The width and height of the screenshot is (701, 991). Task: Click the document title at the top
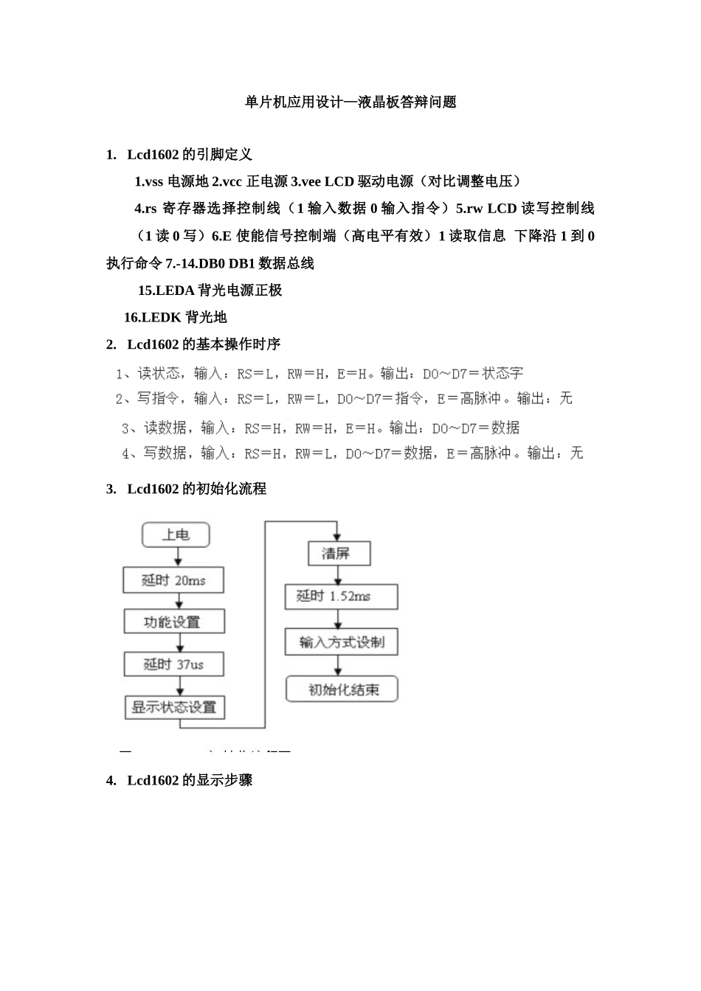[x=350, y=102]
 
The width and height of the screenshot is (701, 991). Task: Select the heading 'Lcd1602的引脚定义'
[x=190, y=154]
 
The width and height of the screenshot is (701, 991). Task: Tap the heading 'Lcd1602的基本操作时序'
[x=204, y=344]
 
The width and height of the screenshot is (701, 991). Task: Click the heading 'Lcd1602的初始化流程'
[x=196, y=489]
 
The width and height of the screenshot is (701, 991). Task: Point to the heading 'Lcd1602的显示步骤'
[x=190, y=780]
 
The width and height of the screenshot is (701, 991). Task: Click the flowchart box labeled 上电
[x=176, y=535]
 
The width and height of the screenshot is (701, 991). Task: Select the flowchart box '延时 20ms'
[x=173, y=580]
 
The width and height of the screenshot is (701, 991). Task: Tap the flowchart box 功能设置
[x=173, y=622]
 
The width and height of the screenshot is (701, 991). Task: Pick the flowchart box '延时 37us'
[x=173, y=664]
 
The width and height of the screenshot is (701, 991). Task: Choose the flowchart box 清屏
[x=339, y=553]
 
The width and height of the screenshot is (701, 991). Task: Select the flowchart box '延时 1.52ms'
[x=341, y=597]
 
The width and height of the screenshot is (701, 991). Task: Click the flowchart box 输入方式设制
[x=341, y=642]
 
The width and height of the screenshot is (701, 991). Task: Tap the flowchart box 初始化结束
[x=342, y=689]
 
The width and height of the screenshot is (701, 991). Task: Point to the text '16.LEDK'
[x=153, y=318]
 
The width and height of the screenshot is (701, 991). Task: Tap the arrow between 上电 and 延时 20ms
[x=176, y=557]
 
